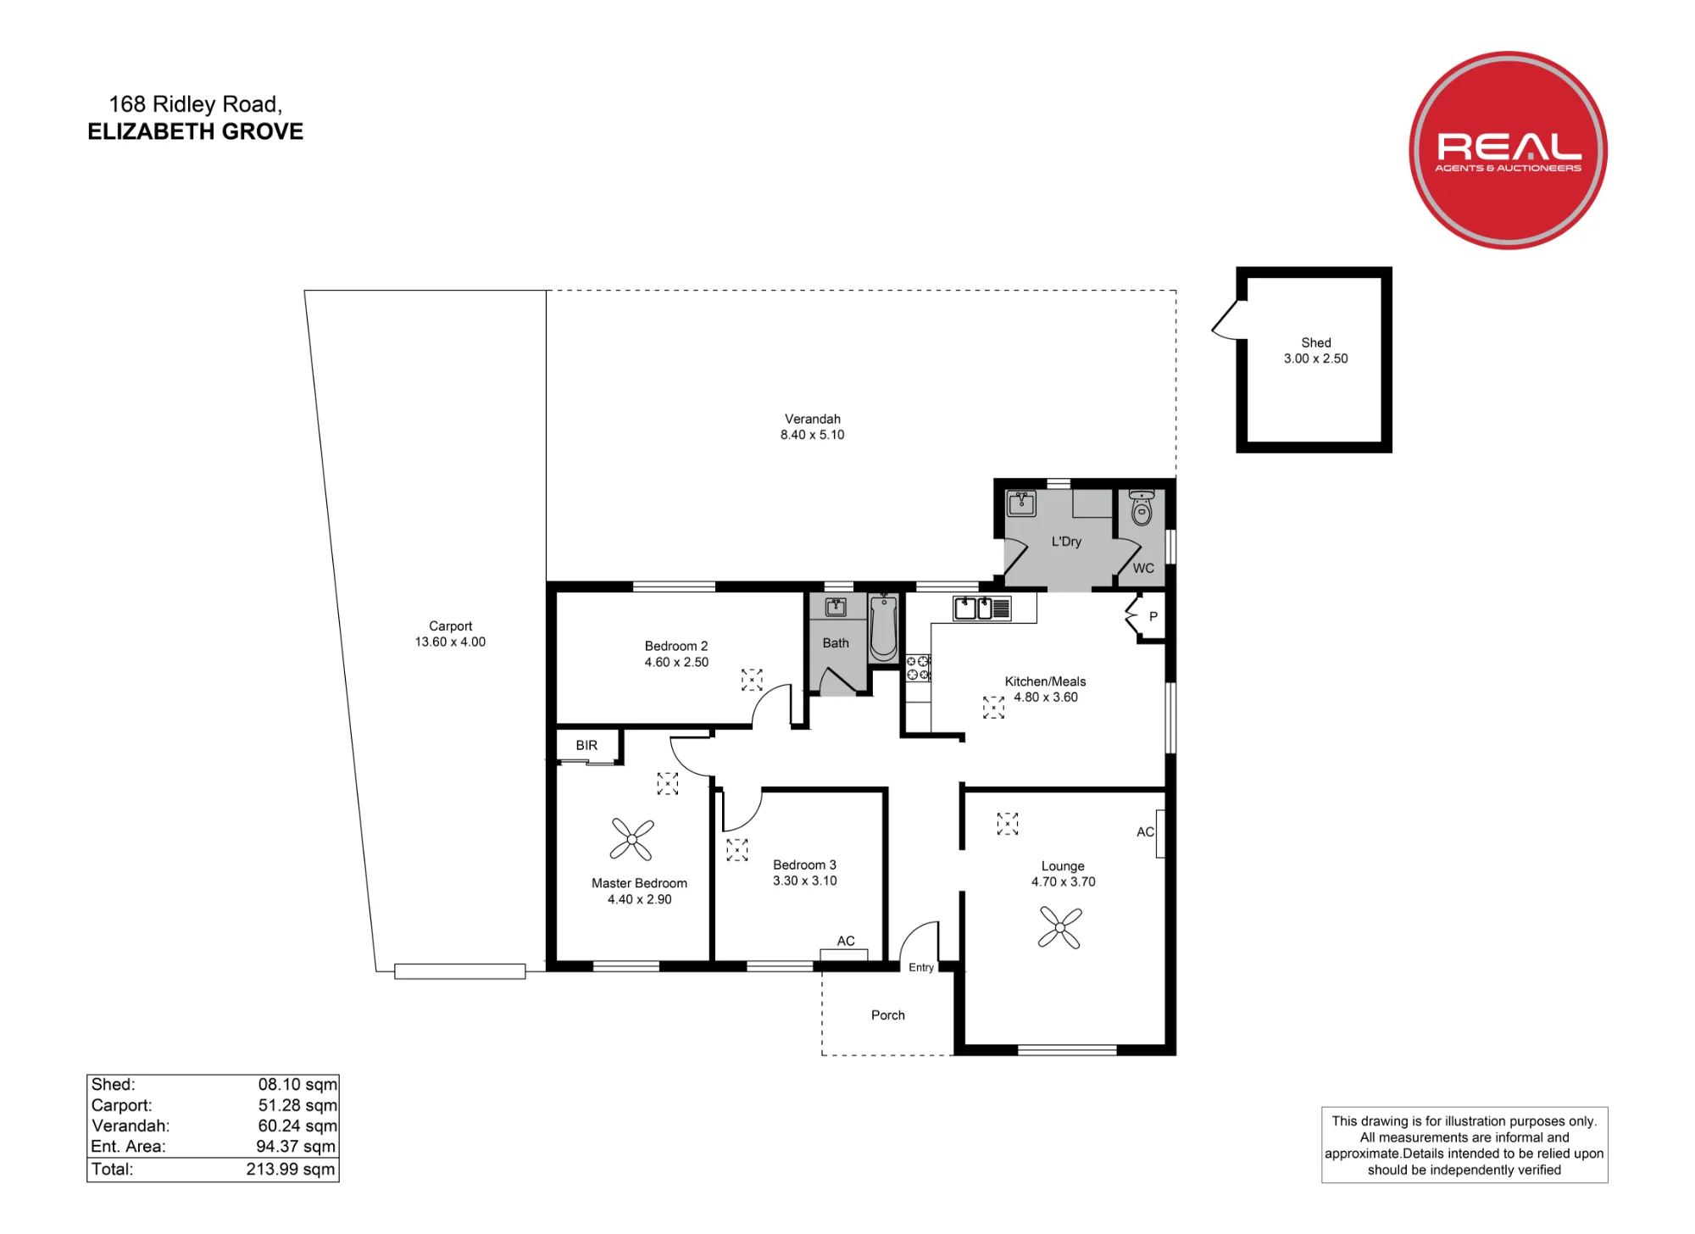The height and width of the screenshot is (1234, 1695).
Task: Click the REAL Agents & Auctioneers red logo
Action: [x=1508, y=150]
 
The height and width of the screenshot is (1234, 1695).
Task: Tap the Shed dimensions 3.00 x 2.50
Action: [x=1315, y=359]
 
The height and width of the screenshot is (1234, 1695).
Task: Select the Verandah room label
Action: [x=812, y=419]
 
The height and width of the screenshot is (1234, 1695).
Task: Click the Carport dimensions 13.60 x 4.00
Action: [x=450, y=642]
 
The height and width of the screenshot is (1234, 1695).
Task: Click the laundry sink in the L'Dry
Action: [x=1021, y=503]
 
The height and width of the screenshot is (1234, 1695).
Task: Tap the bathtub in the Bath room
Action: [x=883, y=627]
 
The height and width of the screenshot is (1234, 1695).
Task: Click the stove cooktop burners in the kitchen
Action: [x=918, y=668]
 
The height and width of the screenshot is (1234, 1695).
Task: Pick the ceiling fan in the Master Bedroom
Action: [x=631, y=840]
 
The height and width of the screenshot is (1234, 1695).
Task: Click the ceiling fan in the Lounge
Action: [x=1059, y=927]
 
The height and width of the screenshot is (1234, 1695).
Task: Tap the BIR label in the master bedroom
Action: [x=586, y=745]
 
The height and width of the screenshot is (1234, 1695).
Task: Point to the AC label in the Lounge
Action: [x=1145, y=832]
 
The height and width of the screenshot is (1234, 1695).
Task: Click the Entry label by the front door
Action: [x=921, y=967]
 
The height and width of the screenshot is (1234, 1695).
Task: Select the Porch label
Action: [x=888, y=1015]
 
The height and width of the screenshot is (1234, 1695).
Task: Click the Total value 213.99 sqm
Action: [x=292, y=1170]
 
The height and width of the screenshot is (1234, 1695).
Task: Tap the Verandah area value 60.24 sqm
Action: [x=297, y=1126]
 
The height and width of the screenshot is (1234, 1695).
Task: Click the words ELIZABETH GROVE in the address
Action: [x=196, y=131]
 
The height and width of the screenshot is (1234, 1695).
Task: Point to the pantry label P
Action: [x=1153, y=617]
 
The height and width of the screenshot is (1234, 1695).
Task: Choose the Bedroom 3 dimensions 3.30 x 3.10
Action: [x=804, y=881]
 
